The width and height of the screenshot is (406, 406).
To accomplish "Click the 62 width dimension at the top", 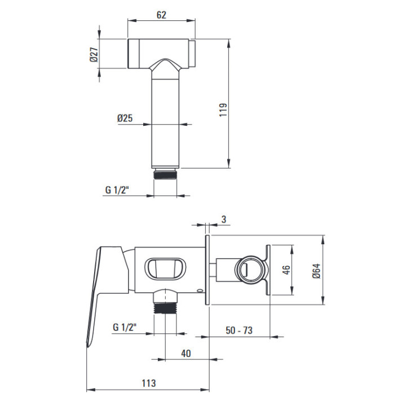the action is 161,15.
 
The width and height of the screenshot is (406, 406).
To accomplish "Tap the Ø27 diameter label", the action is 94,54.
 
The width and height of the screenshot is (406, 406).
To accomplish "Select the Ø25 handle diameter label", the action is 125,118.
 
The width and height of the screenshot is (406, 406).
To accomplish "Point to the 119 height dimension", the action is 223,110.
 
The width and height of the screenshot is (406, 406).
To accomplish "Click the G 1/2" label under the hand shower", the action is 117,190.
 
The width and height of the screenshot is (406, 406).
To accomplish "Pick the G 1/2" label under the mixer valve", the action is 125,327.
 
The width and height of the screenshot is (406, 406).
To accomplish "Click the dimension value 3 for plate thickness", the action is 224,219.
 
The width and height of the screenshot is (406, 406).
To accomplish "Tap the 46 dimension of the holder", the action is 286,270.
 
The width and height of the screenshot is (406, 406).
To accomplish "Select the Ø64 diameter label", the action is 316,271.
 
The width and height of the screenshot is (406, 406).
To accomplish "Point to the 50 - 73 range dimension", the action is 239,330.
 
